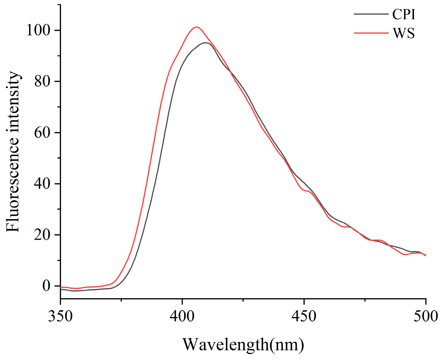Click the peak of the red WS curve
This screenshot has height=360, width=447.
[197, 27]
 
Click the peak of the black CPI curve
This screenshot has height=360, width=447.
[205, 43]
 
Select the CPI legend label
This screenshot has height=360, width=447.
[404, 14]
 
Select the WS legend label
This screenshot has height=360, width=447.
[404, 33]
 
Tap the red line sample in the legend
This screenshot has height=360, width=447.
[371, 33]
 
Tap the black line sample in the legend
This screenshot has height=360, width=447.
[371, 14]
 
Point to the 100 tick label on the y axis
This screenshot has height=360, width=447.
[39, 30]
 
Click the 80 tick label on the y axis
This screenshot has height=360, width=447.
[42, 81]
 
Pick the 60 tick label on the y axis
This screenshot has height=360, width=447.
[42, 132]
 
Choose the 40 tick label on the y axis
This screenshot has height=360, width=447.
[42, 184]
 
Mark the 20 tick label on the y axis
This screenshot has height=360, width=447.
[42, 235]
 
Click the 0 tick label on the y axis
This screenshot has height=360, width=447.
[47, 286]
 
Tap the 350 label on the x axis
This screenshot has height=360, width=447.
[60, 316]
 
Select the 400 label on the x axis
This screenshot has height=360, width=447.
[182, 316]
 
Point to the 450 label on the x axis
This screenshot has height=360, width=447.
[304, 316]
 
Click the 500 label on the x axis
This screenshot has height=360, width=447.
[425, 316]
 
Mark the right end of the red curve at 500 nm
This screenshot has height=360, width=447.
[425, 255]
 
